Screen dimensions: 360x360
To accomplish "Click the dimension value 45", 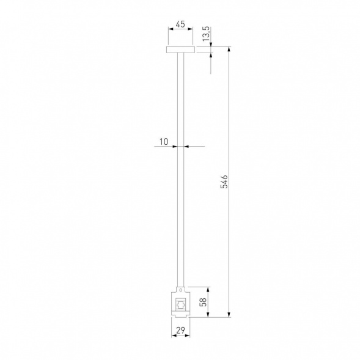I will [x=180, y=25].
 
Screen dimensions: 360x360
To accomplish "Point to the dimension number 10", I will [x=163, y=142].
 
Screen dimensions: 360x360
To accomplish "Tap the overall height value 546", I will [x=224, y=182].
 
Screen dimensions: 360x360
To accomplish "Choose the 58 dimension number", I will [x=203, y=302].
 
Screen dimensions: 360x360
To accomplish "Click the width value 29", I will [x=180, y=331].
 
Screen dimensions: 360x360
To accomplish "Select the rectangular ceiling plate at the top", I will [x=180, y=50].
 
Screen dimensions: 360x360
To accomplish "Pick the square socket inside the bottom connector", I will [x=180, y=304].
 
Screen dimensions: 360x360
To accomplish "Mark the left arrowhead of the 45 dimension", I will [x=170, y=35].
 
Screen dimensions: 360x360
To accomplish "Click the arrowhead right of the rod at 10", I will [x=186, y=147].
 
